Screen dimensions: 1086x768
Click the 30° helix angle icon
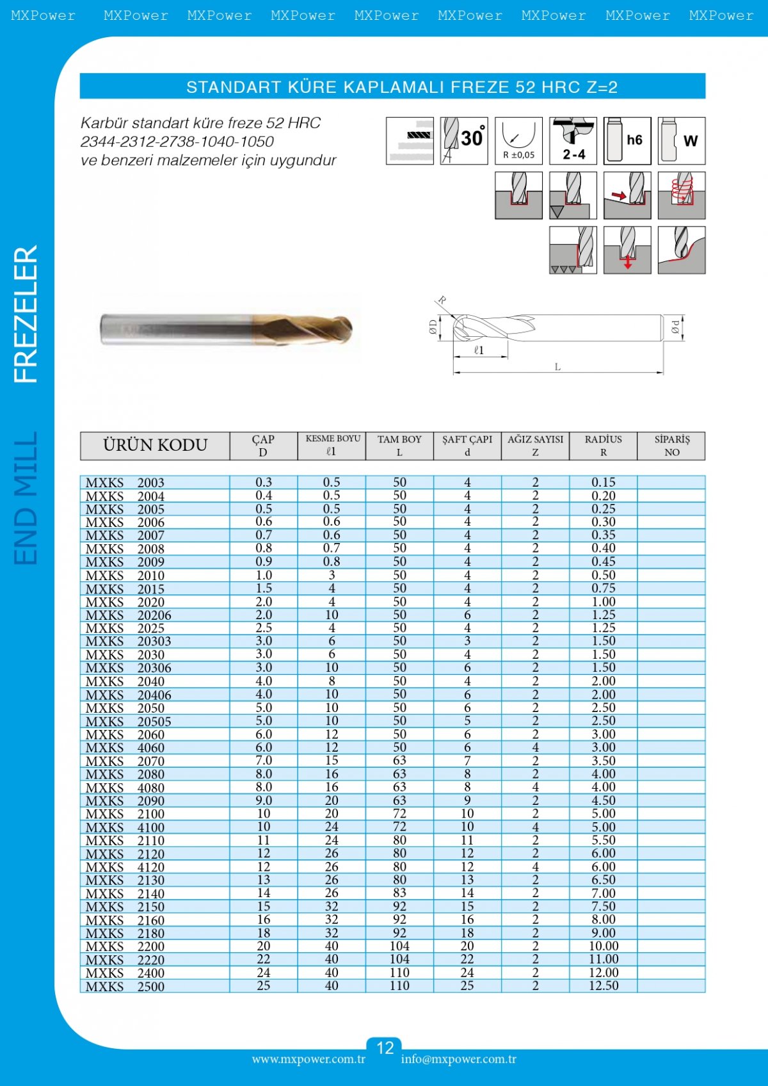(464, 141)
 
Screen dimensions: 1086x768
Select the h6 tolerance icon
(627, 141)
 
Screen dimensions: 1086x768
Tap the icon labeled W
(682, 141)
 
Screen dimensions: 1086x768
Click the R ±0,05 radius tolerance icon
(518, 141)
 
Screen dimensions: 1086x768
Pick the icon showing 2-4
(573, 141)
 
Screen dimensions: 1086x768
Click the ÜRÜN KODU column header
(155, 446)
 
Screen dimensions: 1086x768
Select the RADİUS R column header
(603, 446)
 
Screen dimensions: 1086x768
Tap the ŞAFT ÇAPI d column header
(467, 446)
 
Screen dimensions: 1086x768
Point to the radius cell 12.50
(604, 986)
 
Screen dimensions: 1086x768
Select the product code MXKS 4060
(125, 748)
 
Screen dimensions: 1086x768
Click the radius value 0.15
(604, 482)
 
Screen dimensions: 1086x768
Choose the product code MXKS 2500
(125, 987)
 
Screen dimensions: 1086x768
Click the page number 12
(385, 1048)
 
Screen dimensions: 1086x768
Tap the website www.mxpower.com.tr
(308, 1059)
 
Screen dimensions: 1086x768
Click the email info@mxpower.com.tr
(458, 1059)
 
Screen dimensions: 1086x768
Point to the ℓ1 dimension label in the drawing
(479, 351)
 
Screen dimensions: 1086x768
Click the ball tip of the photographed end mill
(344, 328)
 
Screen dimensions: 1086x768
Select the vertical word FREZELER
(26, 314)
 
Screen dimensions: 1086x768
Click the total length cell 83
(399, 893)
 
